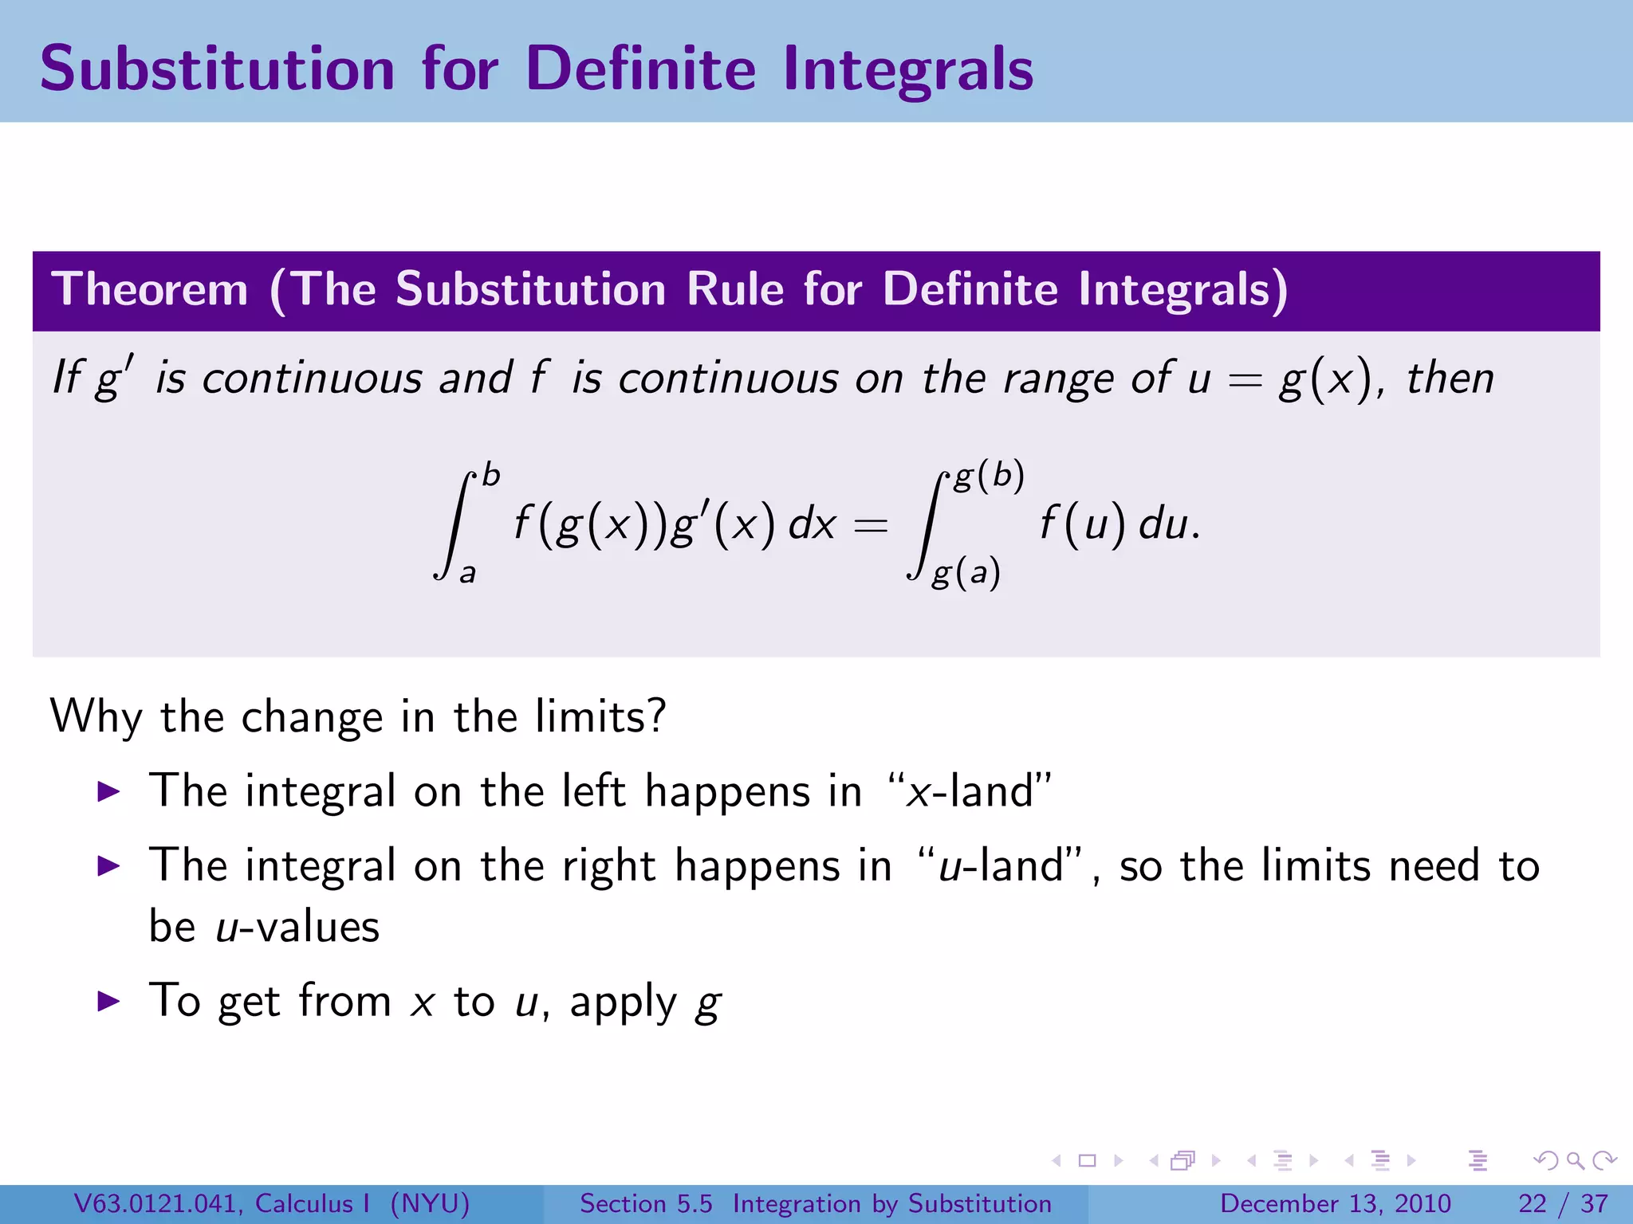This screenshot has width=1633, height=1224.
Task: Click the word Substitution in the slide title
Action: pos(217,69)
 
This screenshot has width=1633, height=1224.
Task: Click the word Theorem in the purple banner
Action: pos(150,288)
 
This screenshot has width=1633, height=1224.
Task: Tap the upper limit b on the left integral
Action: pos(491,476)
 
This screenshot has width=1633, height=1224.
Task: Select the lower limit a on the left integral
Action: pos(468,573)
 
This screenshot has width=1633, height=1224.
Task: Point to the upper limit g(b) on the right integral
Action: pos(989,477)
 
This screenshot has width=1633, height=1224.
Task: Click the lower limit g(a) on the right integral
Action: pos(966,574)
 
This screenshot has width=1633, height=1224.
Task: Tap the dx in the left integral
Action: pos(812,524)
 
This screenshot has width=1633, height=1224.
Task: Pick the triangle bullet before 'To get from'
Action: pos(108,1001)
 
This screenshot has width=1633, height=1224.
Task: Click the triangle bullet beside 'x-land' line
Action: pos(108,791)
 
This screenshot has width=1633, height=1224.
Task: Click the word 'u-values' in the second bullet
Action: pos(297,927)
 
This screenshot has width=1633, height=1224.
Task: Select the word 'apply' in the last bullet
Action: pos(623,1002)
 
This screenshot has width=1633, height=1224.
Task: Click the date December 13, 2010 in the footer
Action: pos(1335,1203)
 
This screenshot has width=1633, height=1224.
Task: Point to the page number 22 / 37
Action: pos(1563,1203)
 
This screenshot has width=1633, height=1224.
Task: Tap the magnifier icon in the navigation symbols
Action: pos(1575,1160)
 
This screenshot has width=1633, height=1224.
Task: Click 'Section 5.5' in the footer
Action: pos(646,1203)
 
